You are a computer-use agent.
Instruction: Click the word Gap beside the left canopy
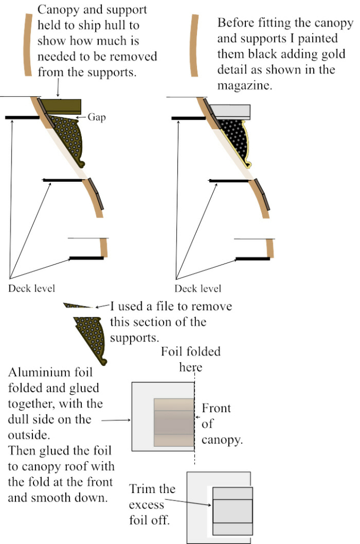[x=97, y=117]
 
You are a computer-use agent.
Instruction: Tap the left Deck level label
[x=31, y=288]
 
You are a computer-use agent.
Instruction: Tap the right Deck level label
[x=198, y=288]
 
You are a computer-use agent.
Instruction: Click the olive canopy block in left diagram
[x=63, y=106]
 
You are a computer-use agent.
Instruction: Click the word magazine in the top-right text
[x=245, y=86]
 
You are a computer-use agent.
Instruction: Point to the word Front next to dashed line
[x=216, y=409]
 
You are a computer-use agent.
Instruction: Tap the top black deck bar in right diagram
[x=188, y=118]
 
